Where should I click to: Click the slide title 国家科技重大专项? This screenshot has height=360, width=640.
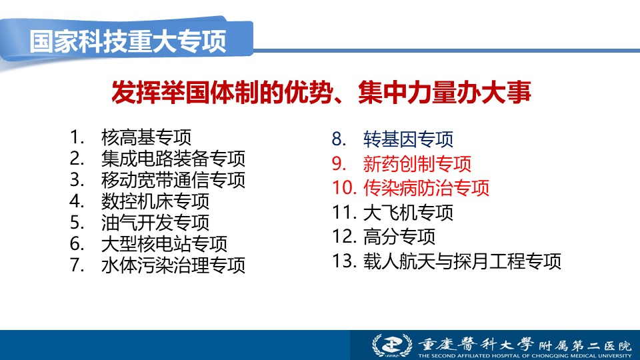pyautogui.click(x=128, y=41)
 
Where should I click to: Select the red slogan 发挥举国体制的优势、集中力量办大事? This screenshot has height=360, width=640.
pyautogui.click(x=321, y=92)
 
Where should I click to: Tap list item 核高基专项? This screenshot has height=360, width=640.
pyautogui.click(x=146, y=137)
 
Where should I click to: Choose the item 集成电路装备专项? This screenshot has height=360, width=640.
pyautogui.click(x=173, y=159)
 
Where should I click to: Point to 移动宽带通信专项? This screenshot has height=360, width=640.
pyautogui.click(x=173, y=179)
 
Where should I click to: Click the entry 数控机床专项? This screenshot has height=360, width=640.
pyautogui.click(x=155, y=201)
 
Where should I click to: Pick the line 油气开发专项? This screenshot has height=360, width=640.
pyautogui.click(x=155, y=223)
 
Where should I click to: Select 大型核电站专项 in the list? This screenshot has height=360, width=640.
pyautogui.click(x=164, y=244)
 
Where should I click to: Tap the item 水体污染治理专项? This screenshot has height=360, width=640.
pyautogui.click(x=173, y=265)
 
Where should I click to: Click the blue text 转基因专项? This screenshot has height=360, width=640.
pyautogui.click(x=408, y=139)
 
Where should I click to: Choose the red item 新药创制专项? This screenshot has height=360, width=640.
pyautogui.click(x=417, y=164)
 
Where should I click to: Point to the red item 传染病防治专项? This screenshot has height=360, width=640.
pyautogui.click(x=426, y=188)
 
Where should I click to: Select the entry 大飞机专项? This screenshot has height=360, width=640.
pyautogui.click(x=408, y=212)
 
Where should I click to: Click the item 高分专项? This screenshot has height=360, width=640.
pyautogui.click(x=399, y=237)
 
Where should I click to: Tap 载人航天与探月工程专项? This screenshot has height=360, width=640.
pyautogui.click(x=462, y=261)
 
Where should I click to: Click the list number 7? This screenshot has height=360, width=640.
pyautogui.click(x=77, y=265)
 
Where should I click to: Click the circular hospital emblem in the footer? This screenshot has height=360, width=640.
pyautogui.click(x=392, y=345)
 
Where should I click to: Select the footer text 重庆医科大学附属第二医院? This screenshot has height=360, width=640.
pyautogui.click(x=525, y=345)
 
